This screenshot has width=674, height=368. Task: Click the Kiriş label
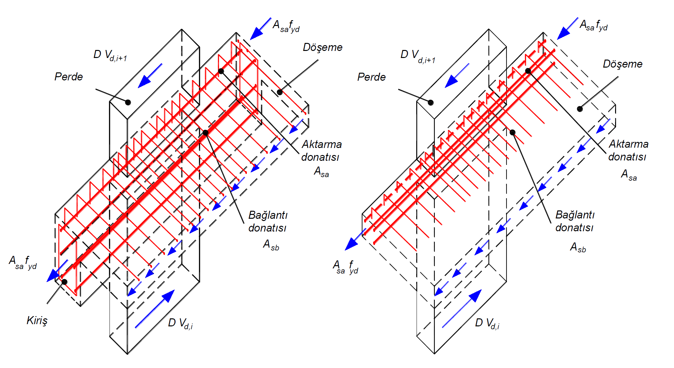coord(37,320)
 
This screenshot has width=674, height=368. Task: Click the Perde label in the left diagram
coord(69,77)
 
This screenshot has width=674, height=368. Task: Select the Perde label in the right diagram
coord(371,77)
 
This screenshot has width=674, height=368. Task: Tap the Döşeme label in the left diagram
coord(322,47)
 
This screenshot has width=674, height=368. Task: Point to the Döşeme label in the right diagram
coord(622,64)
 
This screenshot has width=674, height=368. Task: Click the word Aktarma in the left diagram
coord(322,144)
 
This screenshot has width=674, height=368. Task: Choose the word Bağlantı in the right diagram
coord(575,215)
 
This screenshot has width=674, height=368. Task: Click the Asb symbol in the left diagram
coord(271,245)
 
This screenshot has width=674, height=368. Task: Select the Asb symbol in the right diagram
coord(578,247)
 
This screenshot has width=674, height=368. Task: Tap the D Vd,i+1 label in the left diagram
coord(110,55)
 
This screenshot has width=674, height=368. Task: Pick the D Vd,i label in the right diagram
coord(487,323)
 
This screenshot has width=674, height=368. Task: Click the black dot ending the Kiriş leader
coord(64,282)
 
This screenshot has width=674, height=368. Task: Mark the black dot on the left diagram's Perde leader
coord(128,102)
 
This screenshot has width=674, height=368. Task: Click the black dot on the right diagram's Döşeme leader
coord(580,109)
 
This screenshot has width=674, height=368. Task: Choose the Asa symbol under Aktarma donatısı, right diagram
coord(629,175)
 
